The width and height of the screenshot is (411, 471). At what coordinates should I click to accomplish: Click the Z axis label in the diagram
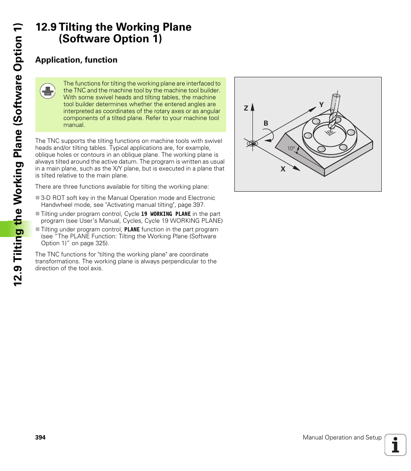(x=246, y=108)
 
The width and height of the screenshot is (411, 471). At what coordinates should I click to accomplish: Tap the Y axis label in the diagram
(x=321, y=104)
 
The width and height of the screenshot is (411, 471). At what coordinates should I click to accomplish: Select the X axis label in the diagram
(x=283, y=169)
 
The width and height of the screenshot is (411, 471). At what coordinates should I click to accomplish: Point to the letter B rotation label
(x=266, y=123)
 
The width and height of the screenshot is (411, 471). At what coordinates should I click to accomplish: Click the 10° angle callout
(x=291, y=149)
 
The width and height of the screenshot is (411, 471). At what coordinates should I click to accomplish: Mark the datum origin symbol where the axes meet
(x=252, y=143)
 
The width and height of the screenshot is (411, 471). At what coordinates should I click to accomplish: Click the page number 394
(x=40, y=437)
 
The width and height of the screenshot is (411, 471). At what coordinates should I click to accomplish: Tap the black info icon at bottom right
(x=395, y=445)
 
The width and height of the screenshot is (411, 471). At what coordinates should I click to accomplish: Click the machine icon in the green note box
(x=47, y=91)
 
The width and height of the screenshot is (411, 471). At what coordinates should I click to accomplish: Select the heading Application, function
(x=76, y=60)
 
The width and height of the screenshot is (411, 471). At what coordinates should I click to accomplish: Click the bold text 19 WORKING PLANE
(x=166, y=214)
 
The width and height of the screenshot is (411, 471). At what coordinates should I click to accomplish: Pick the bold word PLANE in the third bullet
(x=132, y=230)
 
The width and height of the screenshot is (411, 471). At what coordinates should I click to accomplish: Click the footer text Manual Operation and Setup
(x=342, y=437)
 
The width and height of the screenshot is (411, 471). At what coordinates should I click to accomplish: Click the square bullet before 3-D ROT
(x=37, y=198)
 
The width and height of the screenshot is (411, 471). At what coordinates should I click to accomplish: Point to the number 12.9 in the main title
(x=46, y=27)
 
